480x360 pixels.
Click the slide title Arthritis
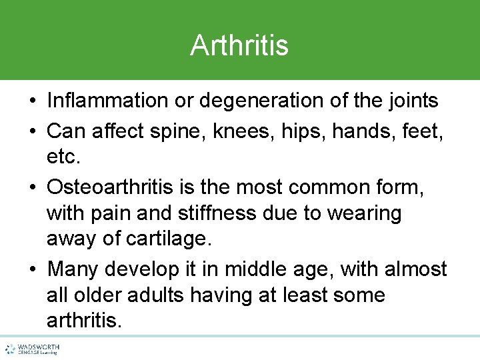(239, 45)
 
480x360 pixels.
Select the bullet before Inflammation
(32, 101)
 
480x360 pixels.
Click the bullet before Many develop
(32, 270)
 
